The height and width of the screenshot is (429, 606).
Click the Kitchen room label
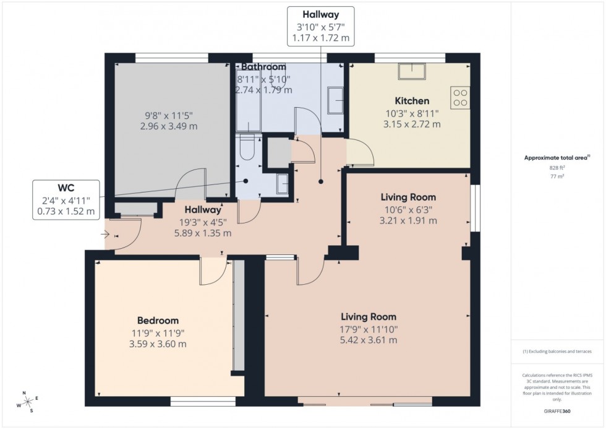tap(412, 101)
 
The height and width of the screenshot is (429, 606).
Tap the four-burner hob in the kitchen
tap(461, 98)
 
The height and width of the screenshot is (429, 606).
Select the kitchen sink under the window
tap(411, 72)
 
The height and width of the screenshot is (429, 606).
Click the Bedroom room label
tap(158, 321)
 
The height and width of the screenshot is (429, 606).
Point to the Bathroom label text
tap(263, 67)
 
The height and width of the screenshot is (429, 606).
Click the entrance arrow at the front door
tap(105, 235)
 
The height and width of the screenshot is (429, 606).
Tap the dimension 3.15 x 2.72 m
tap(412, 124)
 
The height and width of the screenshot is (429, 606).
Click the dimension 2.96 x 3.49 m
tap(170, 126)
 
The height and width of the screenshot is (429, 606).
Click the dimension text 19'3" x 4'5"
tap(201, 222)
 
